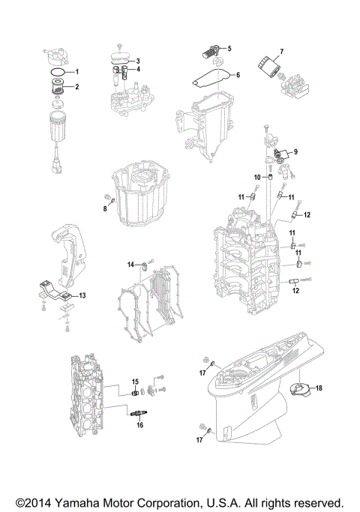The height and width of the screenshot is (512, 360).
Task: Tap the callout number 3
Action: [x=137, y=60]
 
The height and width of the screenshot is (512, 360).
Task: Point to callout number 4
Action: [x=137, y=70]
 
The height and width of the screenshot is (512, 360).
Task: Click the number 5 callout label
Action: [x=229, y=49]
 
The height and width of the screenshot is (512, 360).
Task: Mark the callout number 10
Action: [x=256, y=177]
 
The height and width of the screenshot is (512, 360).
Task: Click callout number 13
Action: [x=82, y=296]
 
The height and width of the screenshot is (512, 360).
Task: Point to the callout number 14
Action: [x=130, y=265]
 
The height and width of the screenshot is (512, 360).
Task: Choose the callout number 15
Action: [x=136, y=382]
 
